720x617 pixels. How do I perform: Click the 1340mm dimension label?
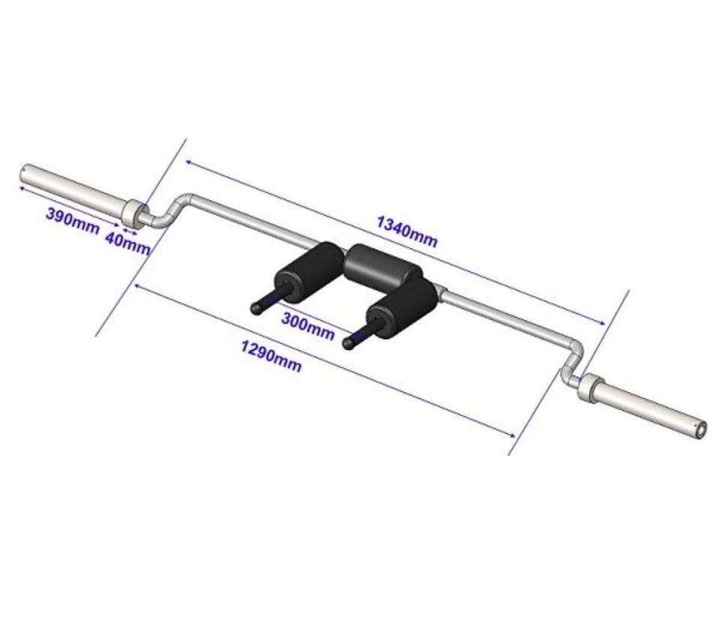[x=406, y=232]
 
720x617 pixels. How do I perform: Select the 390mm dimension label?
[x=73, y=220]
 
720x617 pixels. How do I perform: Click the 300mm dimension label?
[x=307, y=326]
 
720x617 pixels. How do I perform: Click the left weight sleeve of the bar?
[x=73, y=189]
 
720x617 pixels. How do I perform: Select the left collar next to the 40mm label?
[x=134, y=214]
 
